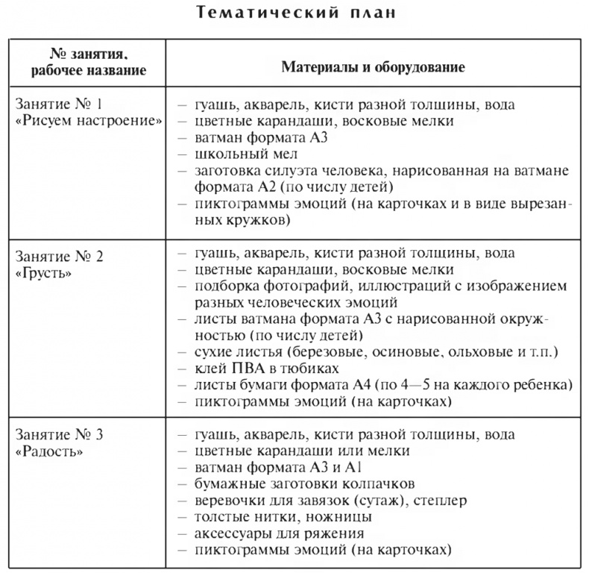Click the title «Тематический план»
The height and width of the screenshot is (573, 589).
pyautogui.click(x=294, y=13)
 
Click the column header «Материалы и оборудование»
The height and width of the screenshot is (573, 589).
pyautogui.click(x=373, y=67)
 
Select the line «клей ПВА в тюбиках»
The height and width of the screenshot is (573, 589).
pyautogui.click(x=266, y=368)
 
